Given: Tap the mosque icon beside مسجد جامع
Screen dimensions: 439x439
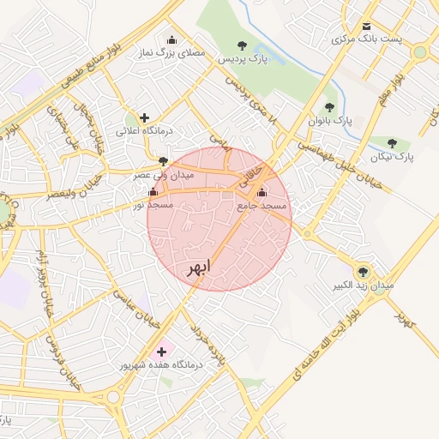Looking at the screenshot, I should (262, 193).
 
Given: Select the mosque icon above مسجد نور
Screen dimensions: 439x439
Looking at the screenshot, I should (153, 192).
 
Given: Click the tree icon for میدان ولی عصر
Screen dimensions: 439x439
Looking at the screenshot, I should (163, 160).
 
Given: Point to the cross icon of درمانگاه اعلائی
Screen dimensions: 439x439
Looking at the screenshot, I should (144, 117).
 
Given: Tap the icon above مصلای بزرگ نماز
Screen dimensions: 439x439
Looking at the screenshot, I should (171, 39).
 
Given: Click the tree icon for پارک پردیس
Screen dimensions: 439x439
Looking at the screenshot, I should (243, 45).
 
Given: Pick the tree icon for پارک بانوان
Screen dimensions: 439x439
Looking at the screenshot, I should (329, 107).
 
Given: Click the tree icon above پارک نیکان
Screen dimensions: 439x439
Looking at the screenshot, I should (393, 143).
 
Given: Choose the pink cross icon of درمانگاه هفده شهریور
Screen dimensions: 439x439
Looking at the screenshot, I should (161, 351).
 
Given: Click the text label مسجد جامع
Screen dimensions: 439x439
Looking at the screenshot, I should (262, 207).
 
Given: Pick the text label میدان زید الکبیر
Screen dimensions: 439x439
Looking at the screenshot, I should (364, 284).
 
